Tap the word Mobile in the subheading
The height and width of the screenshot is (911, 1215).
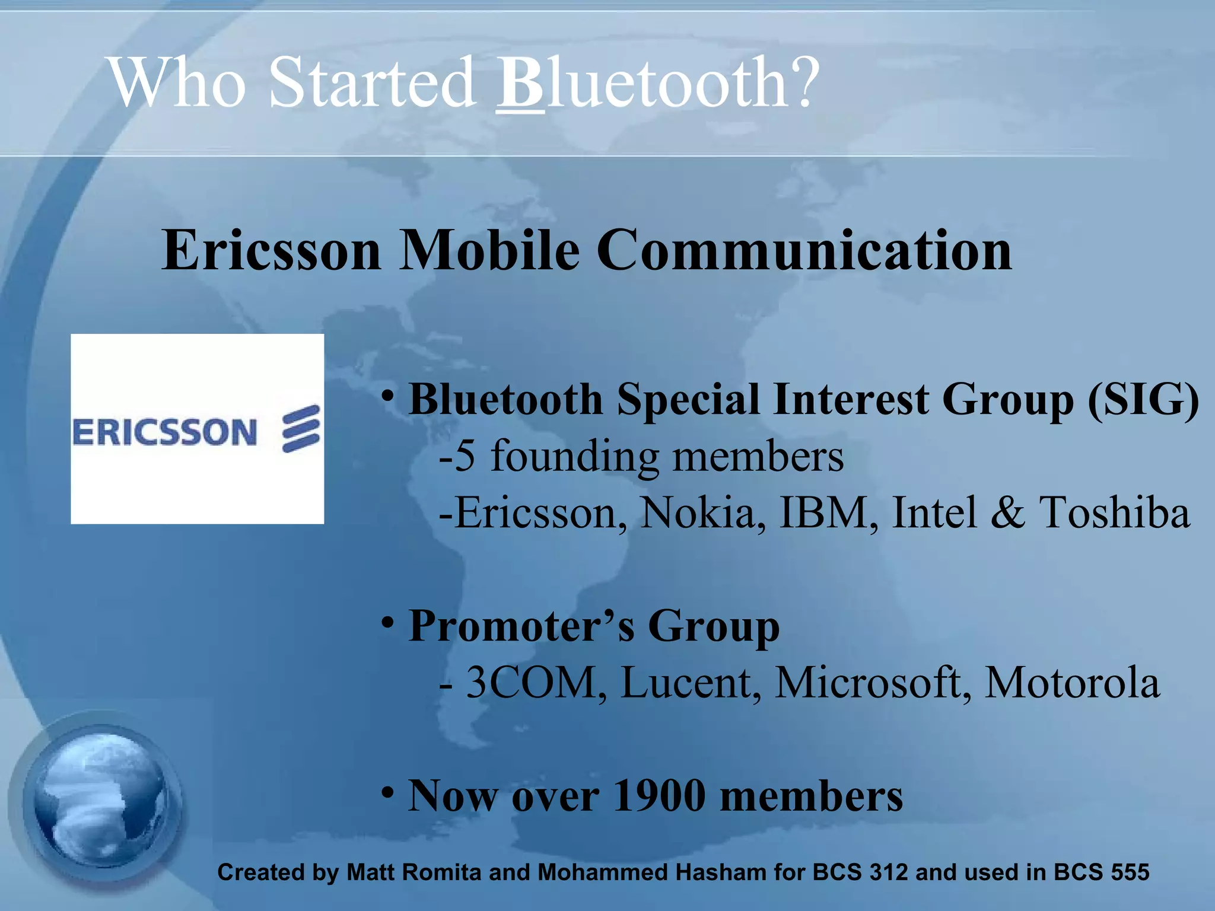tap(489, 250)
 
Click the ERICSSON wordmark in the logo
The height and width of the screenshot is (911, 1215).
tap(164, 432)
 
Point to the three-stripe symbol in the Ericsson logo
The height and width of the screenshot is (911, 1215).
tap(301, 429)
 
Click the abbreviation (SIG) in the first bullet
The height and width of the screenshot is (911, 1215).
tap(1143, 400)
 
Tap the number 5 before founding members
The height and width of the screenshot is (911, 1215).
tap(466, 457)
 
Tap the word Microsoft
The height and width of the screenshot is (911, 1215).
tap(872, 683)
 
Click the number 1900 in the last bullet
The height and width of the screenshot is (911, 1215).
tap(659, 796)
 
